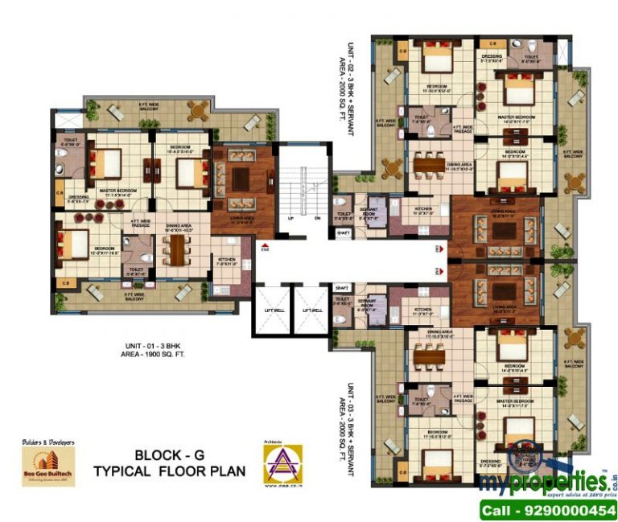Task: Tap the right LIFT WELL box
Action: click(312, 310)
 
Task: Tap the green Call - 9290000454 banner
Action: click(546, 509)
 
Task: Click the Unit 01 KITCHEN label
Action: click(225, 261)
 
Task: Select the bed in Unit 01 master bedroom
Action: click(105, 165)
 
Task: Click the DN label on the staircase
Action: click(317, 218)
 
